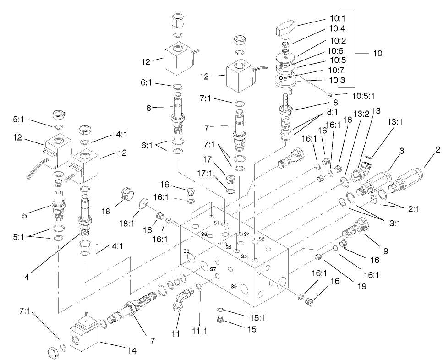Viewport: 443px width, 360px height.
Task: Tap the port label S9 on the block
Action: (x=234, y=287)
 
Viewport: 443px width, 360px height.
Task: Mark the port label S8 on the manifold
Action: (x=186, y=251)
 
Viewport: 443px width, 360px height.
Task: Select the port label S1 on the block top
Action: (x=217, y=223)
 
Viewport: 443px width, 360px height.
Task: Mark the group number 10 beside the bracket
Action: (x=377, y=53)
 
